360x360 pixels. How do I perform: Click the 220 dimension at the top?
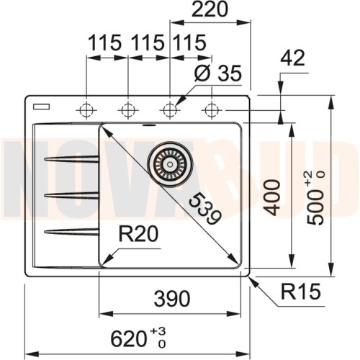(210, 10)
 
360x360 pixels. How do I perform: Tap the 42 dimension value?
(294, 58)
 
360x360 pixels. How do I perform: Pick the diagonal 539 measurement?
(202, 209)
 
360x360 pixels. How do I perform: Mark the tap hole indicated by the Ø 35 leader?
(170, 109)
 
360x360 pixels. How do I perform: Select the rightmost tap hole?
(211, 109)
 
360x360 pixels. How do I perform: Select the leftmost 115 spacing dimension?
(104, 44)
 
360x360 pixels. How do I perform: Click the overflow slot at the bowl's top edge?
(149, 124)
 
